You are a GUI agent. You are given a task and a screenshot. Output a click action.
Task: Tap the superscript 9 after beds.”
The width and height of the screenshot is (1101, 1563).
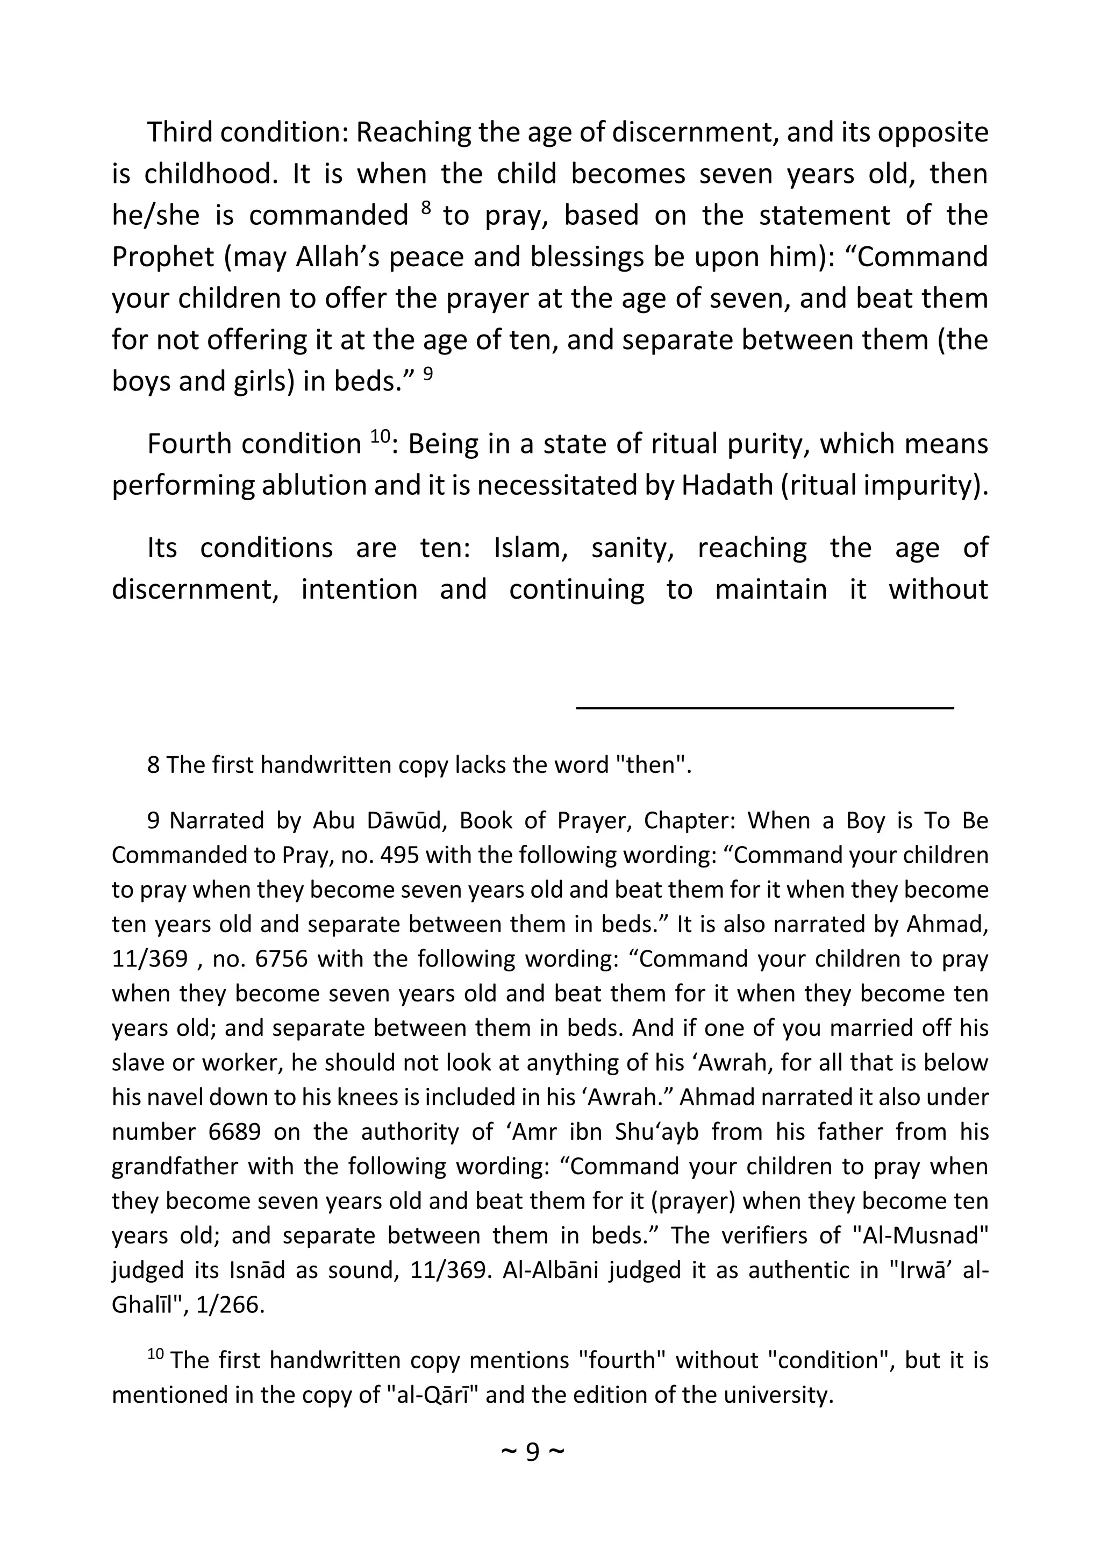428,373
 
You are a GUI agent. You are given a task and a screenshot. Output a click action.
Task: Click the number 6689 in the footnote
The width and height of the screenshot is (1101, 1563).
235,1132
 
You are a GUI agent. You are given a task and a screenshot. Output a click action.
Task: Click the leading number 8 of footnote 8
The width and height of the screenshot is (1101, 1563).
153,765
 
